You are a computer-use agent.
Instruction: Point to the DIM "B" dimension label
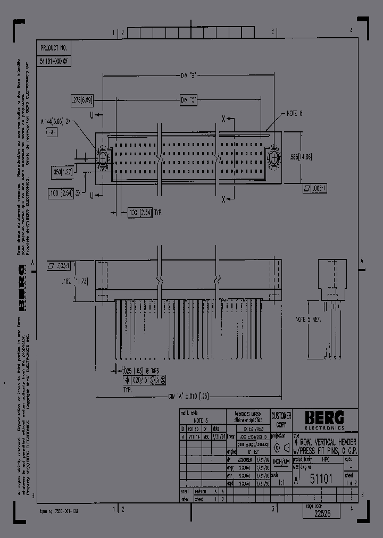tap(189, 75)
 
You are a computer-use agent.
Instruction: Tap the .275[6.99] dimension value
tap(82, 99)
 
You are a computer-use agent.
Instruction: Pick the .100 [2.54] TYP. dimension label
tap(145, 213)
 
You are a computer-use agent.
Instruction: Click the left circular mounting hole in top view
tap(102, 158)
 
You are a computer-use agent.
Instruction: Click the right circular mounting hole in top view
tap(275, 158)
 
